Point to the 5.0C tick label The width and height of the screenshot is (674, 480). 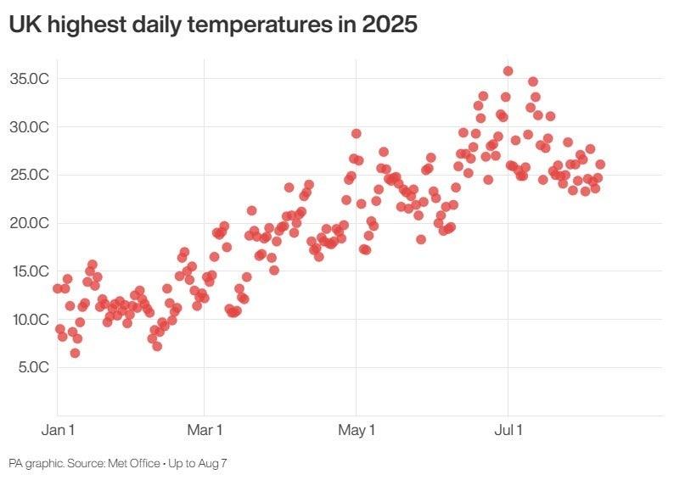tap(31, 367)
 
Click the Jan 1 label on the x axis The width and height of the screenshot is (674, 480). tap(58, 431)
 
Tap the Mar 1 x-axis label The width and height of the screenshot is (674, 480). tap(205, 431)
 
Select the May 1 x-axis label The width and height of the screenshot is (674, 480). tap(357, 431)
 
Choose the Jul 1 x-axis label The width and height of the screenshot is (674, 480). tap(508, 431)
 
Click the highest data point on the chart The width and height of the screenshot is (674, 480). tap(508, 71)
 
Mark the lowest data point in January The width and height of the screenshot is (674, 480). tap(75, 353)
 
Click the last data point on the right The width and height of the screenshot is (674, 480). tap(600, 165)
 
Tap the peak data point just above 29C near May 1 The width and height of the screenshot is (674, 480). tap(357, 134)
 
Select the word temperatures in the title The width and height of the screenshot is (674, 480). tap(259, 25)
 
